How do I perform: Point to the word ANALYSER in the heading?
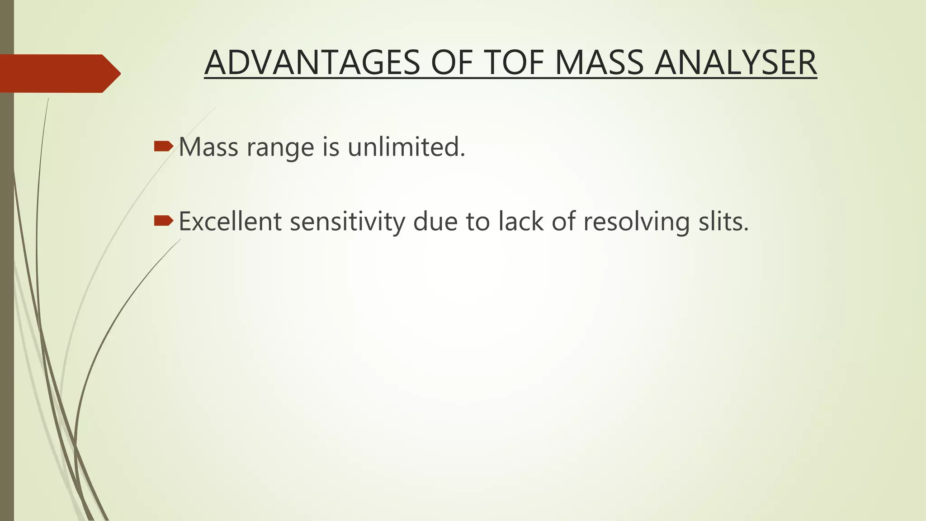pos(736,63)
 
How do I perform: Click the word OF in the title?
pos(452,63)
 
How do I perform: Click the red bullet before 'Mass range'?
pos(163,146)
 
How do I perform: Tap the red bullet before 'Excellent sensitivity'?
pos(163,221)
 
